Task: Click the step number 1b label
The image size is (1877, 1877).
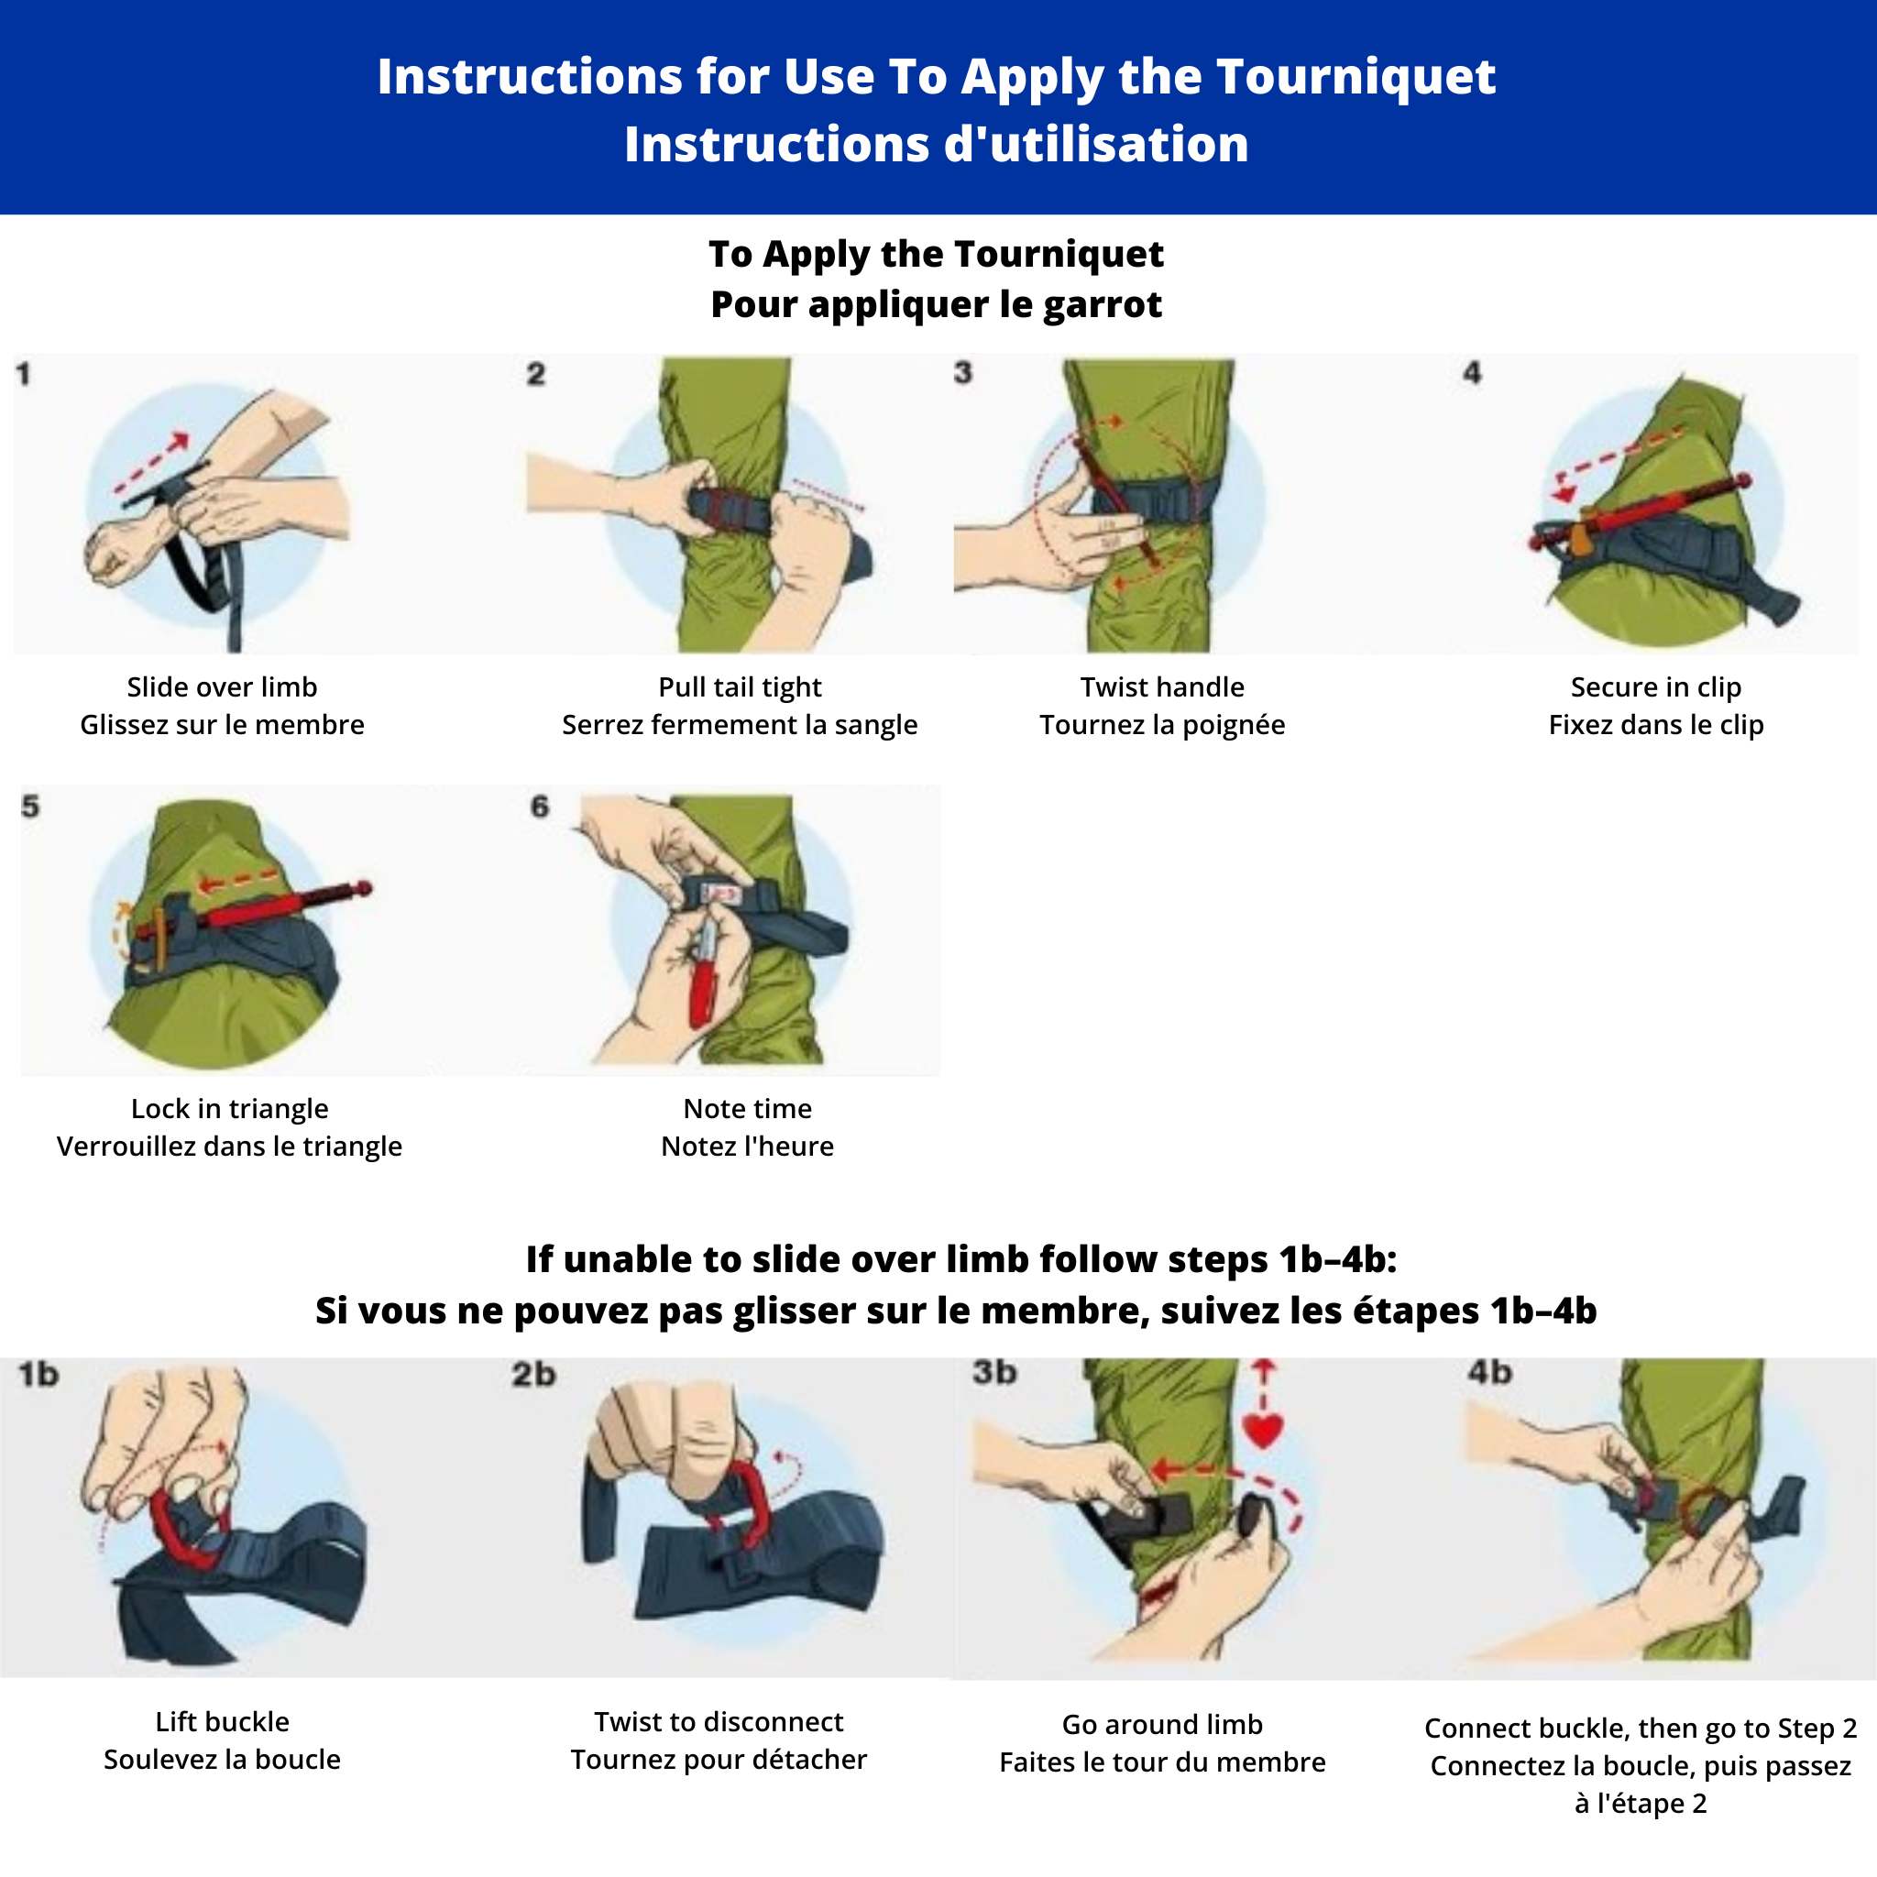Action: pos(38,1375)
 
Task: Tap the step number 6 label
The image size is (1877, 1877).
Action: pos(539,807)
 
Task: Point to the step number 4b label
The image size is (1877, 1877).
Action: pos(1490,1372)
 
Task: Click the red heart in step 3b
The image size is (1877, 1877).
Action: pos(1263,1430)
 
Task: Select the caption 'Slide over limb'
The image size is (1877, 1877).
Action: pos(223,686)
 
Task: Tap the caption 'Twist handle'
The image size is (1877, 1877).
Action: pos(1162,686)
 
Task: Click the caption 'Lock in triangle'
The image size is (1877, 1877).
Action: pos(229,1110)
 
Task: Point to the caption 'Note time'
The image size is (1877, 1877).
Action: pos(747,1109)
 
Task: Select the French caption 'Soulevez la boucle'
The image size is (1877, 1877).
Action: pos(223,1760)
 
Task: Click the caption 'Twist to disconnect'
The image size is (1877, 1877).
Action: pos(719,1721)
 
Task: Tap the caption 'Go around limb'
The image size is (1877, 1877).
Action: pos(1162,1725)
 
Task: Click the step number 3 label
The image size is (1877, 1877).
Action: pos(963,372)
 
